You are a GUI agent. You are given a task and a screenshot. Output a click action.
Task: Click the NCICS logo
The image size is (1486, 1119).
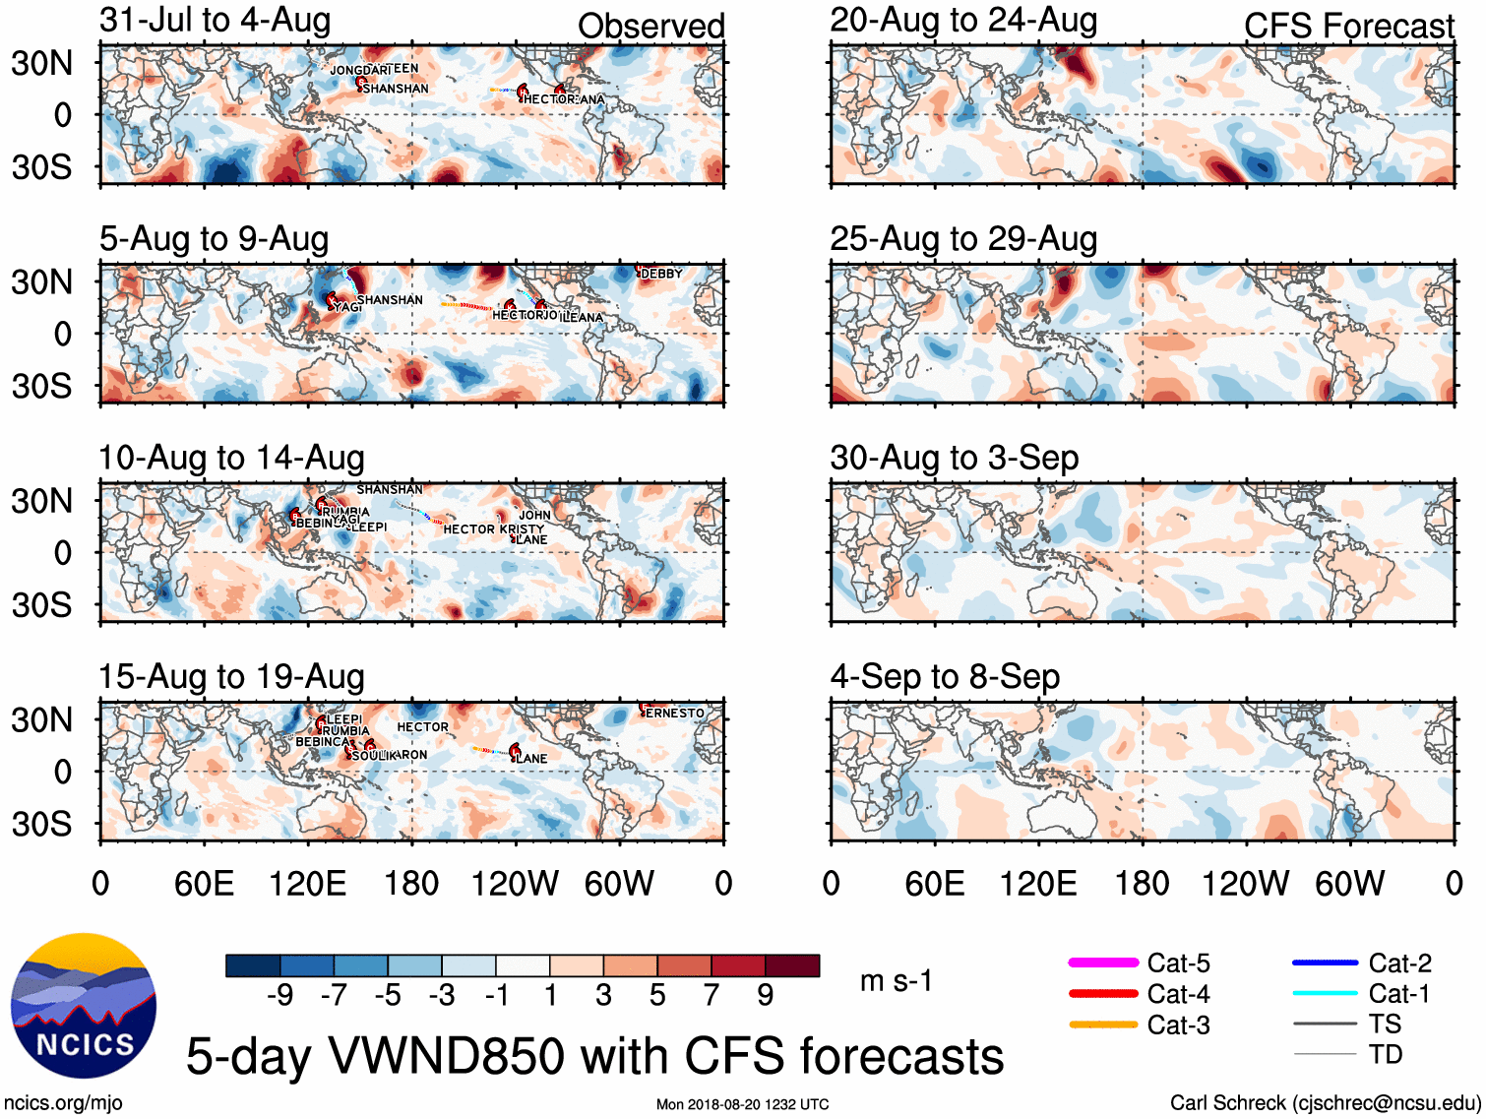(84, 1005)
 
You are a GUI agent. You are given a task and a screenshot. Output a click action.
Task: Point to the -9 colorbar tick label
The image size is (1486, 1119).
(280, 996)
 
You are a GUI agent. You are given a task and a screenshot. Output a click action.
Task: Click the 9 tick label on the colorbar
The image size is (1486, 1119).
(766, 996)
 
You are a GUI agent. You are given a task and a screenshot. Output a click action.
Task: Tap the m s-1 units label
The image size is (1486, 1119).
(896, 981)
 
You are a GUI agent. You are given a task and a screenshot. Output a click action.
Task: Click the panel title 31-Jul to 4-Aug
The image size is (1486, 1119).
(216, 21)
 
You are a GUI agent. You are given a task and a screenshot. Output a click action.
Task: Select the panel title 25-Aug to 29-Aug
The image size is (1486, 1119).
(963, 239)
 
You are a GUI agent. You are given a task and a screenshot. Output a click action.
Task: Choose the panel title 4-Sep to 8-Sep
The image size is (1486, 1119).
(945, 677)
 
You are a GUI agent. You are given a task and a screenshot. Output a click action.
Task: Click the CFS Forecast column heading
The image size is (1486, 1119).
(1348, 27)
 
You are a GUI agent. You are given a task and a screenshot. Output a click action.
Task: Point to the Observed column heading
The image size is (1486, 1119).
(650, 27)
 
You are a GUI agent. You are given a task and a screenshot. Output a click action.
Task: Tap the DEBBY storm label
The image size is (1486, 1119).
(661, 274)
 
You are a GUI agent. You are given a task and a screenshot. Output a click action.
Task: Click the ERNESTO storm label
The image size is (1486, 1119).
(675, 714)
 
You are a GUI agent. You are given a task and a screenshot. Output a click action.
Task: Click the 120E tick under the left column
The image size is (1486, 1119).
(308, 884)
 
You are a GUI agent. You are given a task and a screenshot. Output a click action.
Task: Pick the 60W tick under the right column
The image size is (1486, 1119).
(1349, 884)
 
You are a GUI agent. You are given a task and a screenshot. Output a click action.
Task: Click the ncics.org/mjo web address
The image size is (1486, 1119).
(63, 1103)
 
